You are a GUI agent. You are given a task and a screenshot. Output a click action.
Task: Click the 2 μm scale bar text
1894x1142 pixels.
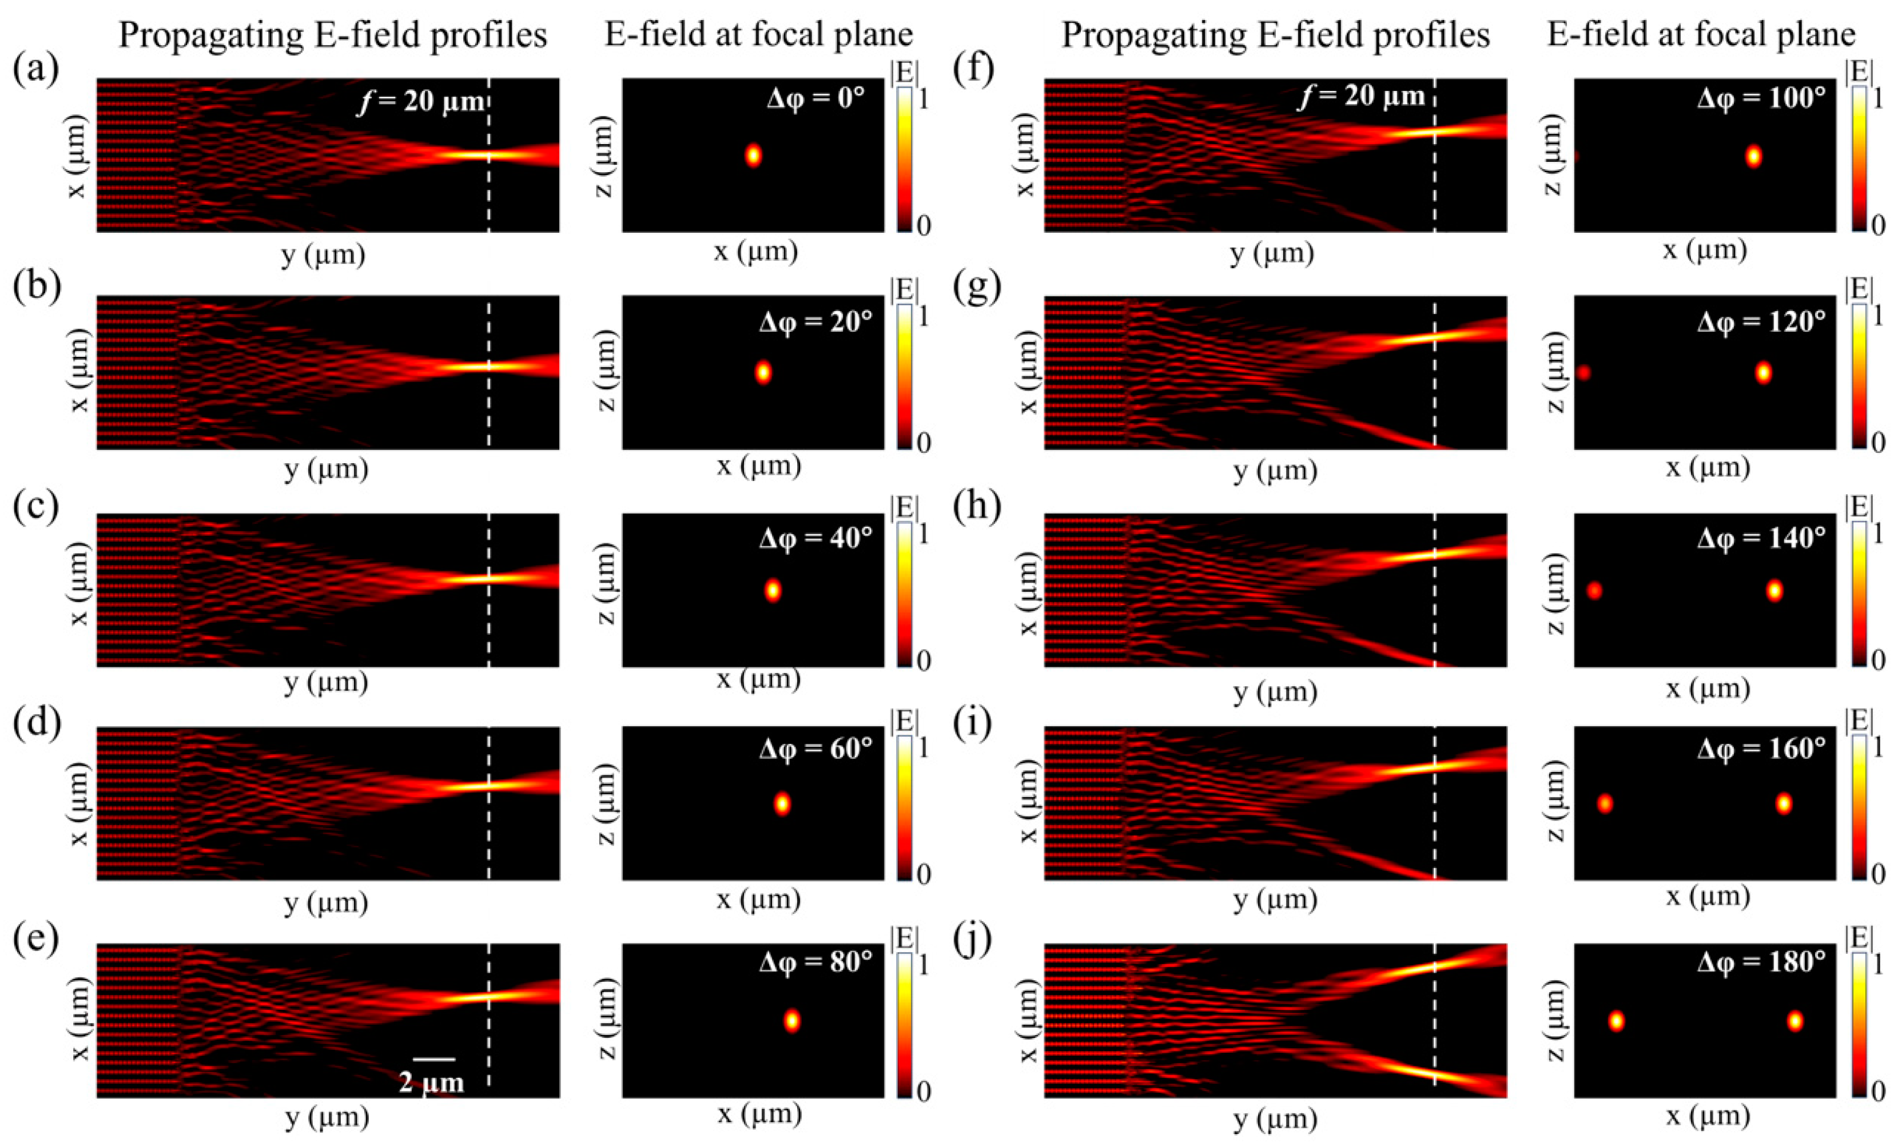[431, 1082]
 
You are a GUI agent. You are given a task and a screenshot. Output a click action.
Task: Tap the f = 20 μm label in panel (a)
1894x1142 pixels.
[421, 100]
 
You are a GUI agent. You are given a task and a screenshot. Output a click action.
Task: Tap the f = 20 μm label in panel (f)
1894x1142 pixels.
[1361, 97]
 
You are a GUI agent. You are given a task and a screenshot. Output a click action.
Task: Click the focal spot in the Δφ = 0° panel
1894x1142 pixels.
[753, 155]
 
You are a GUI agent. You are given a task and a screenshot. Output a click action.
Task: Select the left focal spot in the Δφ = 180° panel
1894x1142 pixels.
[1617, 1021]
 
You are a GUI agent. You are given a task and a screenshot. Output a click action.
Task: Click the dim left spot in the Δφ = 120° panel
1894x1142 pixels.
[1583, 373]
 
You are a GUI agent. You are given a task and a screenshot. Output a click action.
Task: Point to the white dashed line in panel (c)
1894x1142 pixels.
[489, 615]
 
